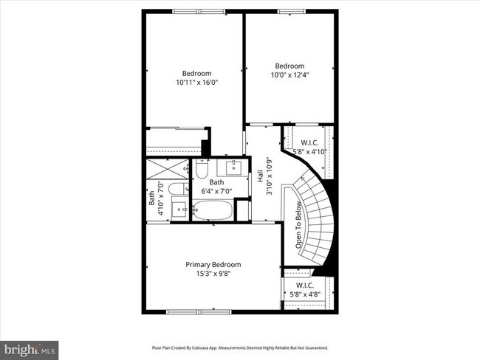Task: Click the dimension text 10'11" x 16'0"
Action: [197, 84]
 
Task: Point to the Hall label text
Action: [260, 177]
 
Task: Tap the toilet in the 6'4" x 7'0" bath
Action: [202, 172]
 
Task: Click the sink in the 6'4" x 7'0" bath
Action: [234, 167]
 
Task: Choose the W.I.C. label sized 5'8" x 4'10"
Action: [309, 148]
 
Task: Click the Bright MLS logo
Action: [30, 347]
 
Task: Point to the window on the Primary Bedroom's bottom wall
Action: [194, 312]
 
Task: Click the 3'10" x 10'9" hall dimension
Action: [270, 177]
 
